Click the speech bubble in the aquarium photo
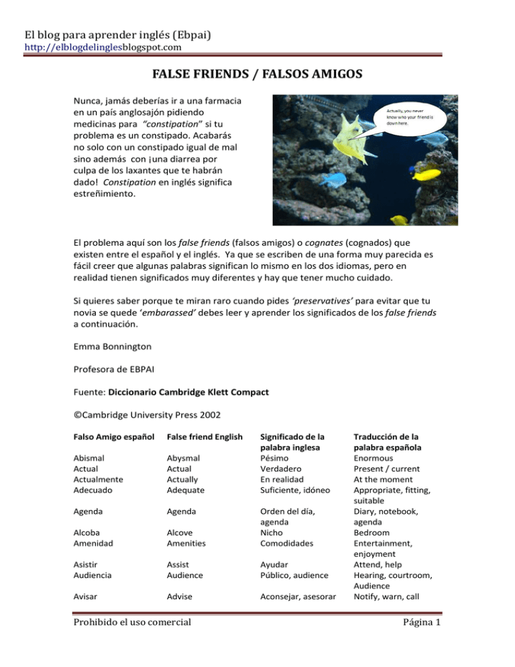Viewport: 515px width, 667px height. (x=410, y=119)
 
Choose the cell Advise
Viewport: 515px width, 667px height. (x=179, y=597)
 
